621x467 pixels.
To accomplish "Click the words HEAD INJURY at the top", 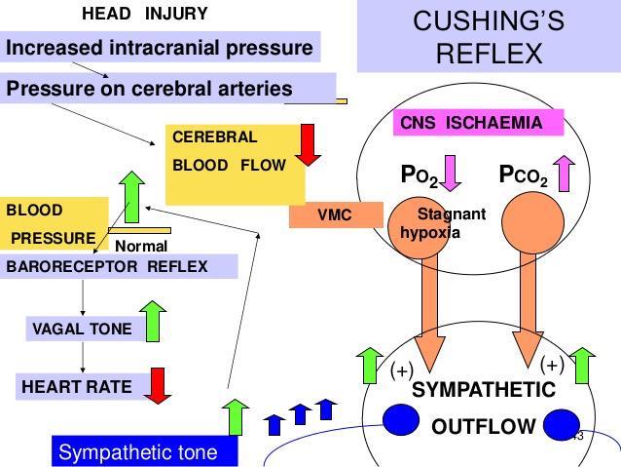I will (x=144, y=15).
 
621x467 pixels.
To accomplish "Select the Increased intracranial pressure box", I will (x=160, y=47).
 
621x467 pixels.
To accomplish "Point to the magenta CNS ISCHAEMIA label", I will (x=481, y=123).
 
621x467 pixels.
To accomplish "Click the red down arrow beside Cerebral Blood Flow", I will (x=310, y=144).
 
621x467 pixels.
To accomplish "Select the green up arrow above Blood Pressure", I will (x=131, y=195).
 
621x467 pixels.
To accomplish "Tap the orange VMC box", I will (x=335, y=215).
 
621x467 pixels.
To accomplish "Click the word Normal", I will (x=141, y=247).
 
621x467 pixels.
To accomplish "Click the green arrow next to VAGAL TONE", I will (x=153, y=321).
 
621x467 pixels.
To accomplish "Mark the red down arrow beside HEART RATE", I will (x=157, y=386).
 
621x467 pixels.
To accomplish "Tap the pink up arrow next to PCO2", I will (x=565, y=174).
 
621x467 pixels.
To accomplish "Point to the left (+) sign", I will (x=402, y=370).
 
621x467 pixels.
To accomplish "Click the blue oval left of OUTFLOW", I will (x=400, y=420).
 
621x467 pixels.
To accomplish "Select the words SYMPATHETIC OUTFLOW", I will (x=483, y=408).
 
